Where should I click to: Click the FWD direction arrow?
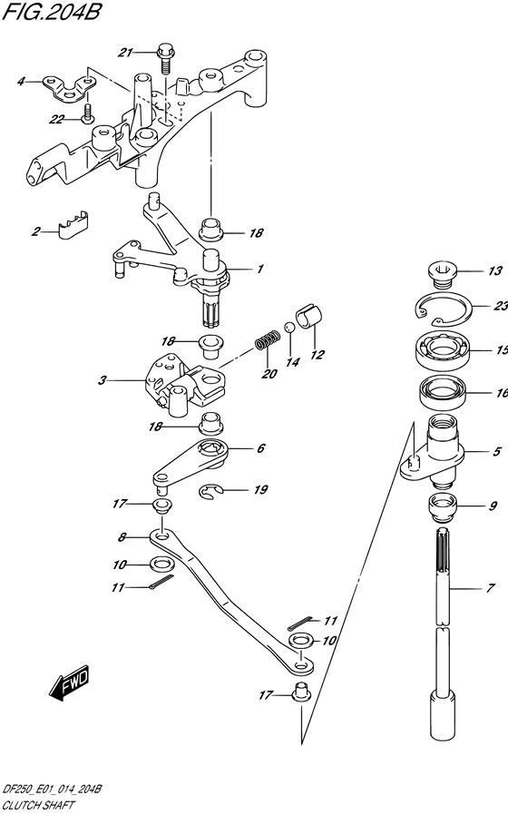[70, 681]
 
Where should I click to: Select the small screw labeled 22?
[87, 113]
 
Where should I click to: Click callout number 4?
[21, 82]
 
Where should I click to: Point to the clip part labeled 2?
[72, 226]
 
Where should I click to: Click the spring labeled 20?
[268, 341]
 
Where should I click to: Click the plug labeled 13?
[441, 274]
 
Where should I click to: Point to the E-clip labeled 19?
[211, 491]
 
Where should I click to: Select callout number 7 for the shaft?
[490, 588]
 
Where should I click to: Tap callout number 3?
[102, 380]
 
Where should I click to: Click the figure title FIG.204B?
[51, 11]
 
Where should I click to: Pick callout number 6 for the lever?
[260, 448]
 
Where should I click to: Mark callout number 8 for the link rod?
[122, 537]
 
